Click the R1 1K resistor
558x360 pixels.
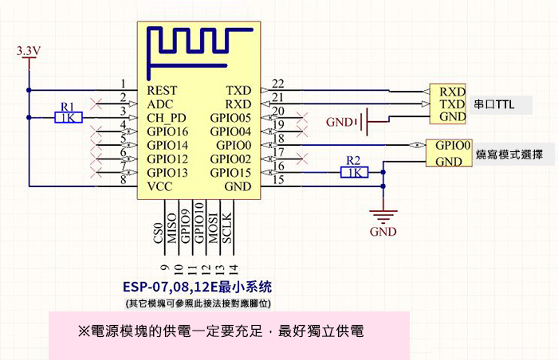pos(68,118)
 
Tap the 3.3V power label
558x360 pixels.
pos(29,52)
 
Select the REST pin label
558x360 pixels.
pos(162,91)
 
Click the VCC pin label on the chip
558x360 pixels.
pos(160,186)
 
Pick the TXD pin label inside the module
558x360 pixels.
pos(239,91)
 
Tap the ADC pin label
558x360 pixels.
pos(160,104)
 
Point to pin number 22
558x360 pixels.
pos(278,84)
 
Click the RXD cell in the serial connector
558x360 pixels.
pos(452,91)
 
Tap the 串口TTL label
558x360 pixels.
pos(495,104)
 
